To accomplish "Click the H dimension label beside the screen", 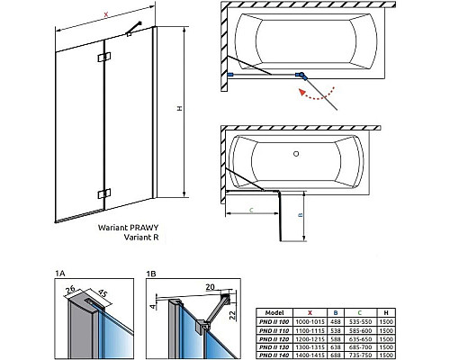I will click(179, 110).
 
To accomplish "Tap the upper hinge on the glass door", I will click(106, 58).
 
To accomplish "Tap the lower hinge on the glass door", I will click(105, 192).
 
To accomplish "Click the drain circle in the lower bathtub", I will click(295, 154).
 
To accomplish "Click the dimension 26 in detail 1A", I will click(71, 289).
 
